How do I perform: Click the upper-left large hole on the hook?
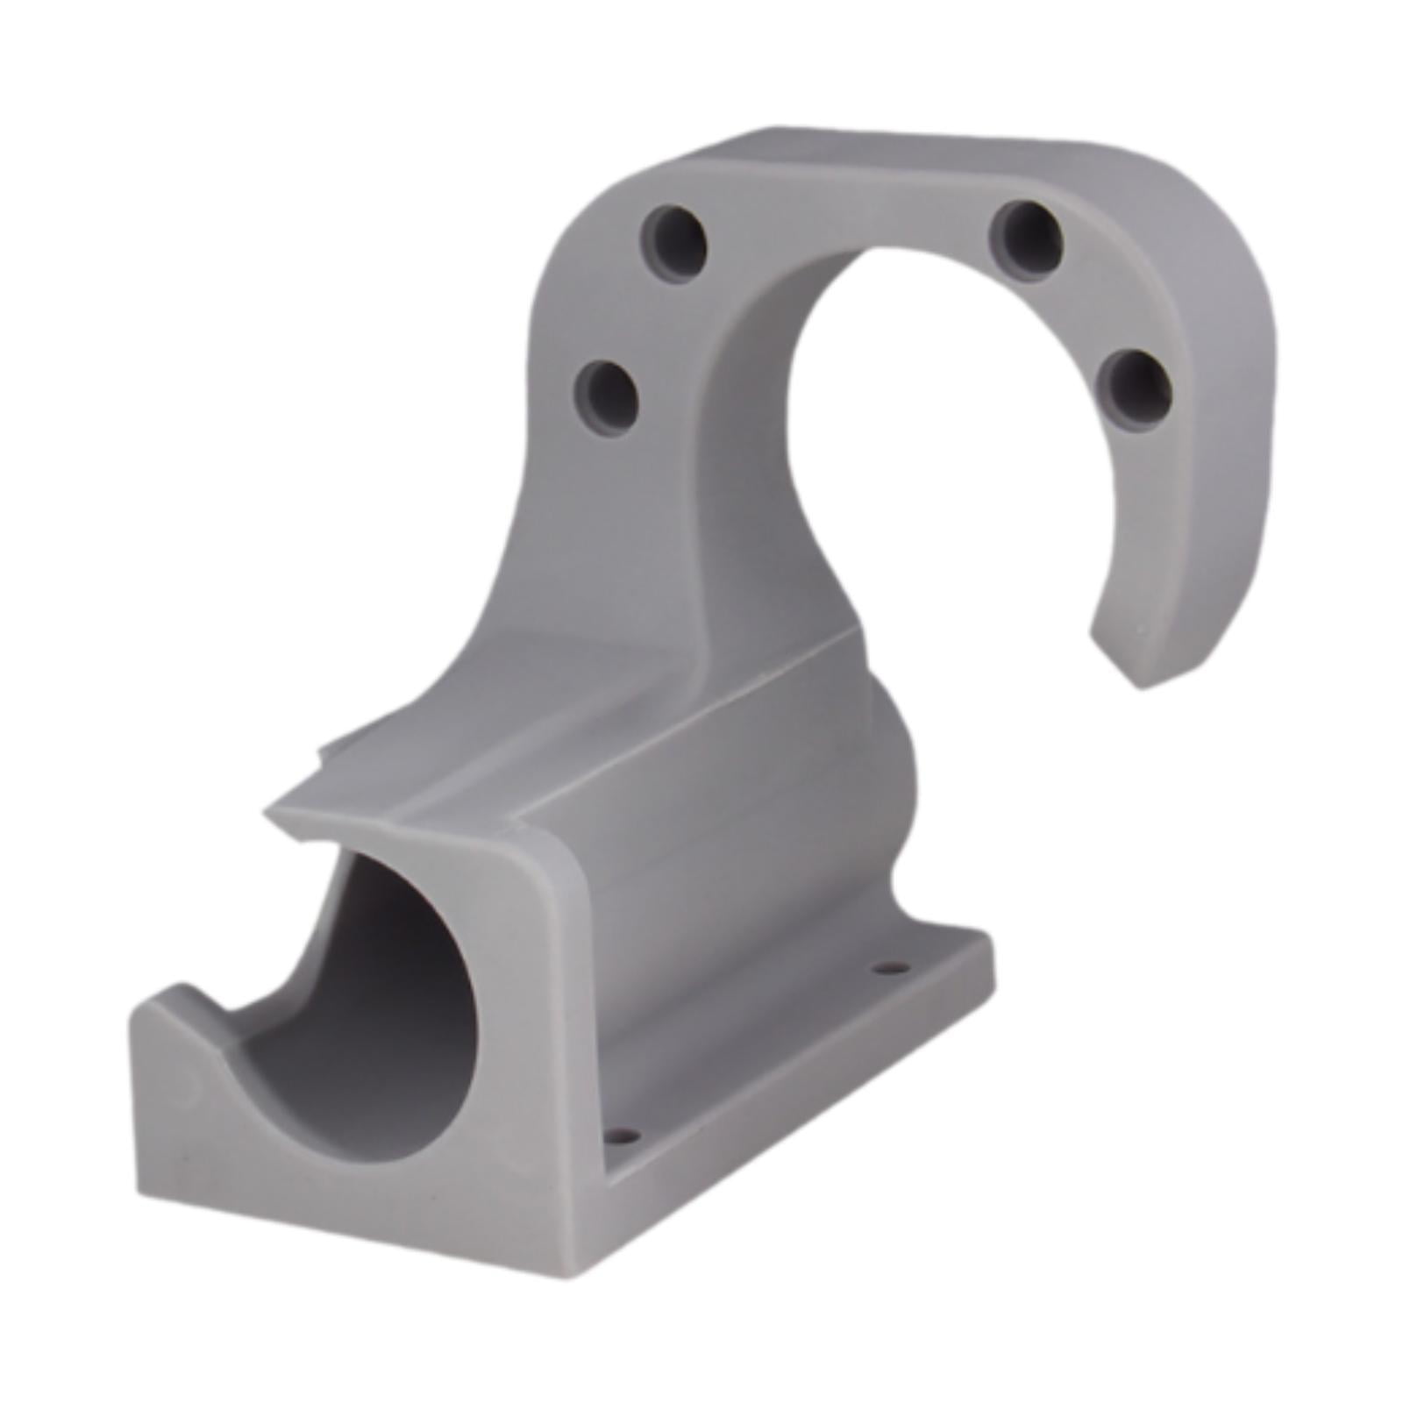(673, 237)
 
